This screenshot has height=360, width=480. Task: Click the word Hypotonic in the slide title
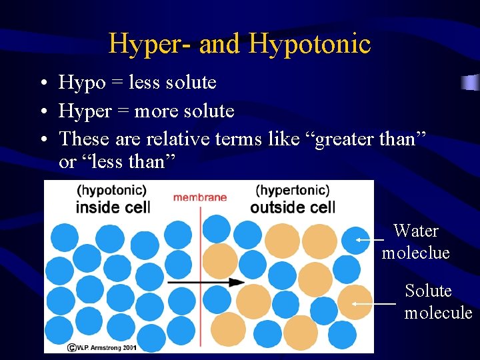(309, 45)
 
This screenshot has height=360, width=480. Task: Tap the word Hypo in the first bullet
(82, 83)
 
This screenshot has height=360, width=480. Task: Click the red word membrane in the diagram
(200, 197)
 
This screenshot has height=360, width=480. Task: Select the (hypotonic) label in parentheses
(112, 191)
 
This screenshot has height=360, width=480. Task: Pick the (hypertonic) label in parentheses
(293, 191)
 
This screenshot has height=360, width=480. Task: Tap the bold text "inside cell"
(113, 207)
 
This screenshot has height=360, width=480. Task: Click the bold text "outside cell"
(293, 207)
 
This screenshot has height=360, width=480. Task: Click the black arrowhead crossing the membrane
(237, 282)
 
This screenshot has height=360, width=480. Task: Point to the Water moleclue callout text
(415, 242)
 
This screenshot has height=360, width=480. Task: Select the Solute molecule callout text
(437, 301)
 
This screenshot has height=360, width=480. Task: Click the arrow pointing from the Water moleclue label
(371, 239)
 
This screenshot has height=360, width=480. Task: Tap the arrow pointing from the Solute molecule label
(373, 303)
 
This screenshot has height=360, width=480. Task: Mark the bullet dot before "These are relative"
(42, 140)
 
